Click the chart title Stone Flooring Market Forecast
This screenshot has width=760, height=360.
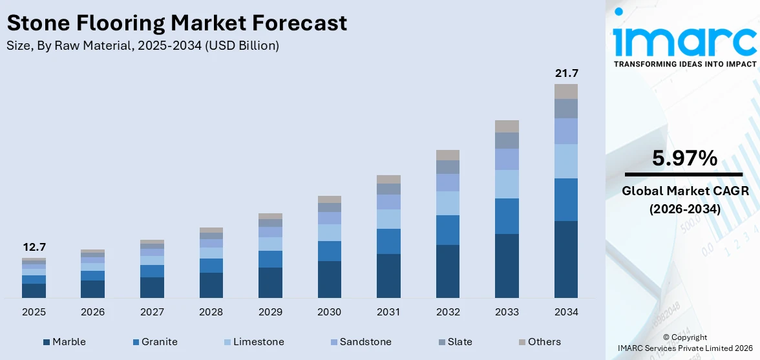[176, 23]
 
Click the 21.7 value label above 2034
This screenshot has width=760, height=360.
[566, 74]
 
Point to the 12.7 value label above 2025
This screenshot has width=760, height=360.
[34, 247]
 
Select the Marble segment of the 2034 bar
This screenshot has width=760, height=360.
[566, 259]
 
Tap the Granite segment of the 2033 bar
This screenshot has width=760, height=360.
[507, 216]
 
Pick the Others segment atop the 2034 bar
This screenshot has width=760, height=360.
[566, 91]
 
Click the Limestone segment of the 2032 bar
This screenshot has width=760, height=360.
[447, 203]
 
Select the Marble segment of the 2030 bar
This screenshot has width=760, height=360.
[329, 279]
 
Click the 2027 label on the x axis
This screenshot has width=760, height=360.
[152, 312]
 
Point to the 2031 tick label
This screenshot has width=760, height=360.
[388, 312]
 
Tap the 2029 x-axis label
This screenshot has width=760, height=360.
[270, 312]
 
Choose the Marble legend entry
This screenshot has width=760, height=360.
[64, 342]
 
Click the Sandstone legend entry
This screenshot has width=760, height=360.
[359, 342]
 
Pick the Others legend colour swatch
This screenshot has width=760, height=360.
[522, 342]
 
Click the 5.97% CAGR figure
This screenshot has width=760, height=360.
[684, 158]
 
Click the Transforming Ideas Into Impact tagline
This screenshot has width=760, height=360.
[685, 64]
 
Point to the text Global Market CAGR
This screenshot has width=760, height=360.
[684, 191]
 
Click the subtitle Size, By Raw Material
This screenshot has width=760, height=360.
[143, 45]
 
